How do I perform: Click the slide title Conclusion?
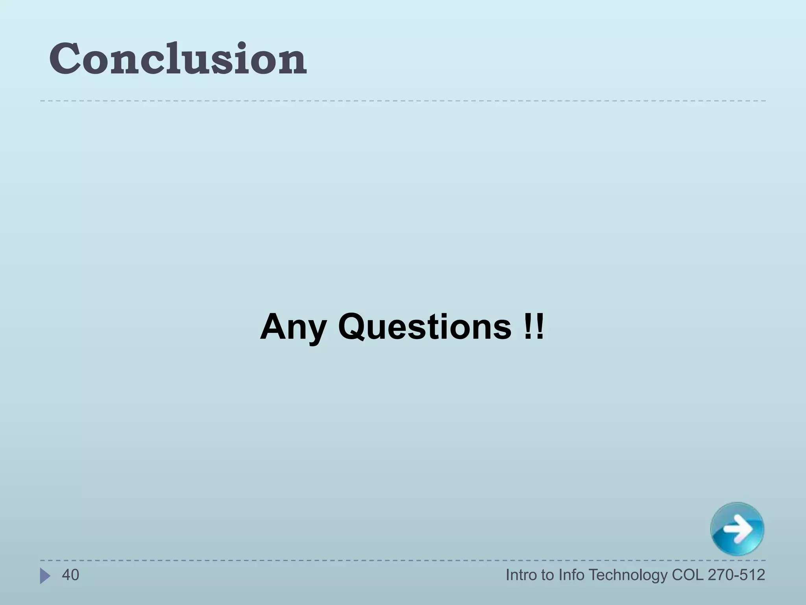[x=178, y=59]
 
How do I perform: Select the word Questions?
[x=425, y=327]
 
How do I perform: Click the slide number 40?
[x=70, y=575]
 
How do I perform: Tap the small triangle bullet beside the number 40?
[x=45, y=576]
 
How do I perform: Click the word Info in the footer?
[x=571, y=575]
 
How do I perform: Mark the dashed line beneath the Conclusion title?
[x=403, y=101]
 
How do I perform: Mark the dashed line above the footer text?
[x=403, y=560]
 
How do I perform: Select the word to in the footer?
[x=548, y=575]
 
